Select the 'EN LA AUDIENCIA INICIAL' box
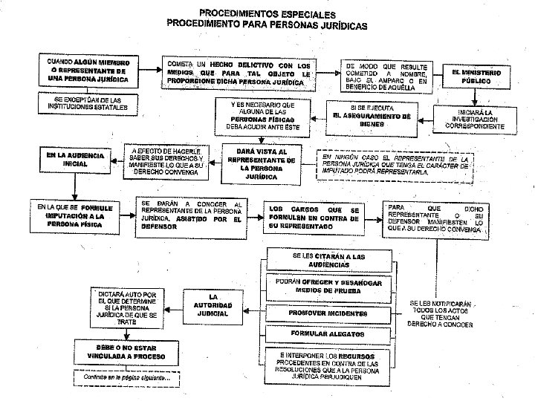pyautogui.click(x=75, y=160)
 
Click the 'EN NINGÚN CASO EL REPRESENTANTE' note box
pyautogui.click(x=395, y=164)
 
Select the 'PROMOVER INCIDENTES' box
pyautogui.click(x=328, y=312)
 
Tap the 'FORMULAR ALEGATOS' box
pyautogui.click(x=328, y=335)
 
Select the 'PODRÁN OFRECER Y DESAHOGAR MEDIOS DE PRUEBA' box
pyautogui.click(x=328, y=285)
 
